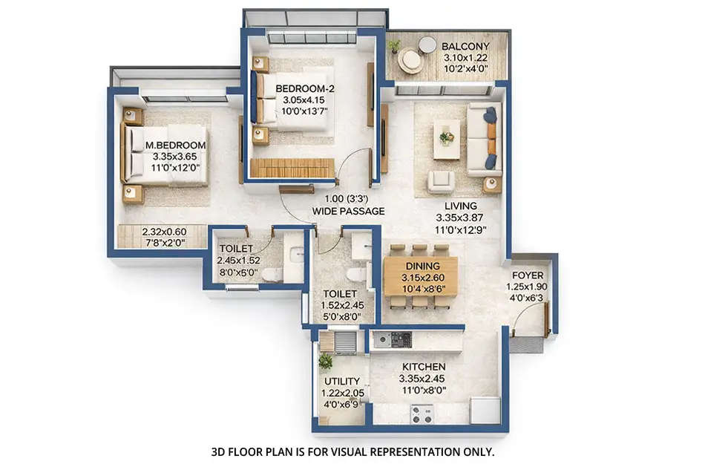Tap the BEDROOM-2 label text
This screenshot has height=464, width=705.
305,89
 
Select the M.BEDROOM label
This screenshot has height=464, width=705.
176,146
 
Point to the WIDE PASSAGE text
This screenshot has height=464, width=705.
348,212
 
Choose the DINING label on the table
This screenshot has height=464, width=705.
422,266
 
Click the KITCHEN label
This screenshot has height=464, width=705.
424,367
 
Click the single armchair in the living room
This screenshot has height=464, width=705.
441,181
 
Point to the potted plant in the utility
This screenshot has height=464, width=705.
325,362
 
